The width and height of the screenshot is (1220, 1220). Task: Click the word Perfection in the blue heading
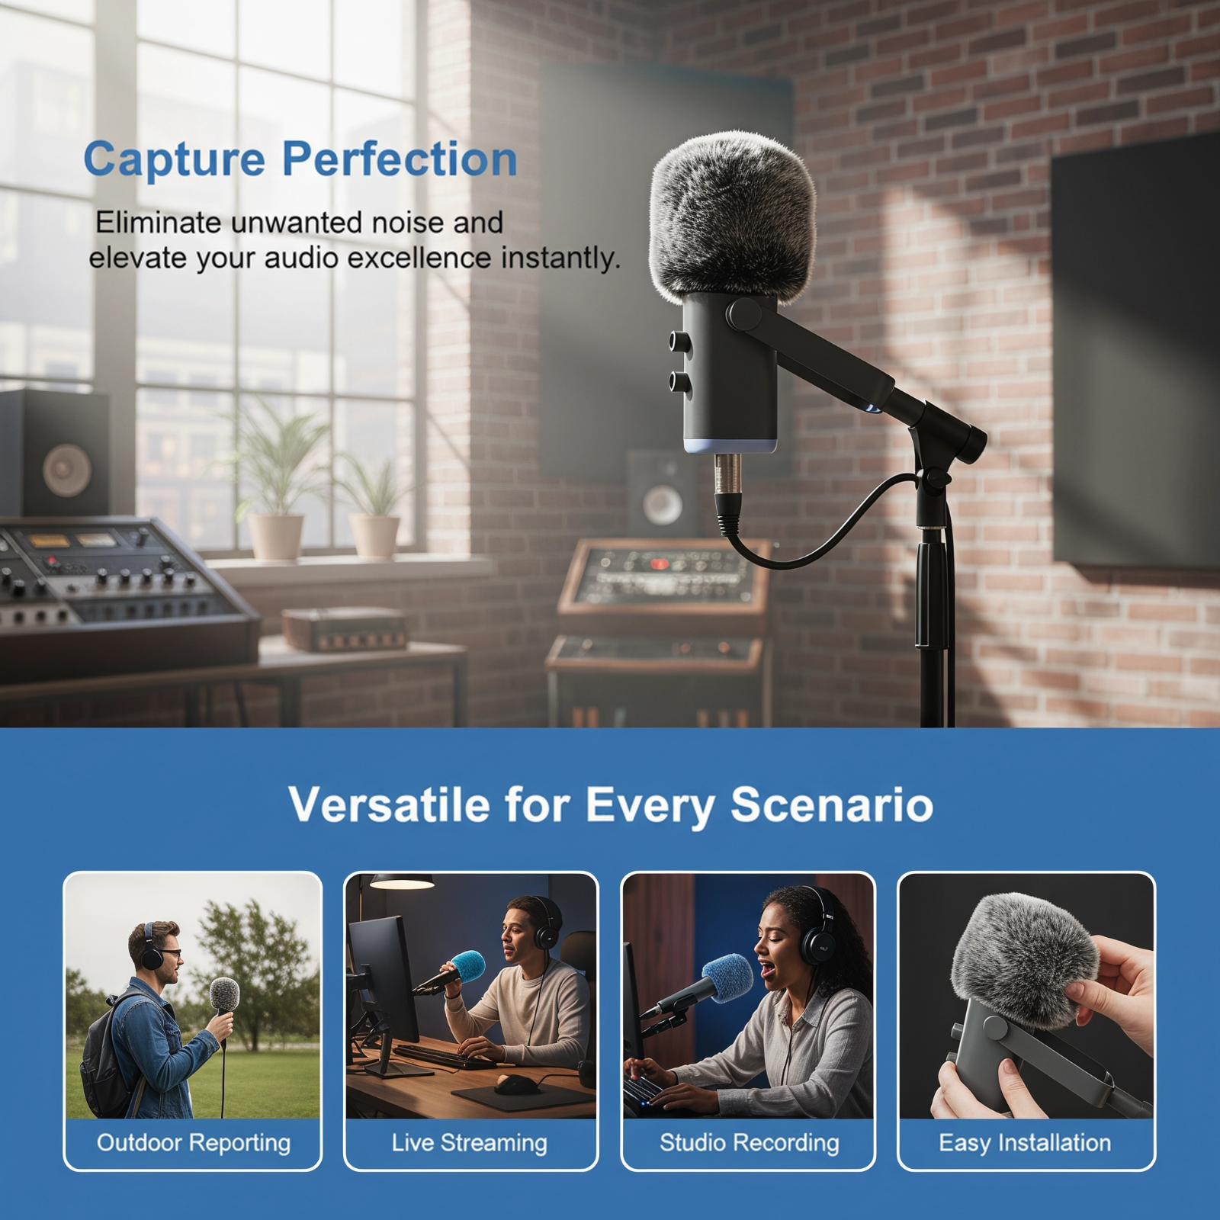click(400, 159)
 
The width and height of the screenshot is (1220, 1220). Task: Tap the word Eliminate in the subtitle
click(158, 223)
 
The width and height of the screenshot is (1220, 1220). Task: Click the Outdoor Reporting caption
click(194, 1142)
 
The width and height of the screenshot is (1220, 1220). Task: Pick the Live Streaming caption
click(470, 1142)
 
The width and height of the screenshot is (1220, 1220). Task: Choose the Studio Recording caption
click(749, 1142)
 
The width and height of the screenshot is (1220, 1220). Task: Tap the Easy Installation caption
click(1025, 1142)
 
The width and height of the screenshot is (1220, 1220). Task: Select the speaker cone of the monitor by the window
click(67, 470)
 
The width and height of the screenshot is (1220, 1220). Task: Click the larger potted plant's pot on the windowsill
click(276, 538)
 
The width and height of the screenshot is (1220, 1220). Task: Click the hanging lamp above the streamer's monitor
click(403, 881)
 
